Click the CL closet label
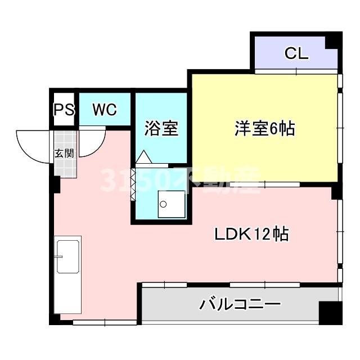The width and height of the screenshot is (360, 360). [296, 54]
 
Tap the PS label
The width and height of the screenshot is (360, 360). [64, 110]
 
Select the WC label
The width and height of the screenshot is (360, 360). [105, 110]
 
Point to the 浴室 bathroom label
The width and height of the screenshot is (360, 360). [161, 129]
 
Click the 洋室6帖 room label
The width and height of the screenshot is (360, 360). [264, 129]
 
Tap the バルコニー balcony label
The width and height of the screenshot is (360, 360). [240, 305]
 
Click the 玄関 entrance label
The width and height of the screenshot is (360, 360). [64, 152]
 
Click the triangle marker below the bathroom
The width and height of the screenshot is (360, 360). [143, 157]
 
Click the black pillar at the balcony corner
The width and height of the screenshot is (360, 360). [328, 312]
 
